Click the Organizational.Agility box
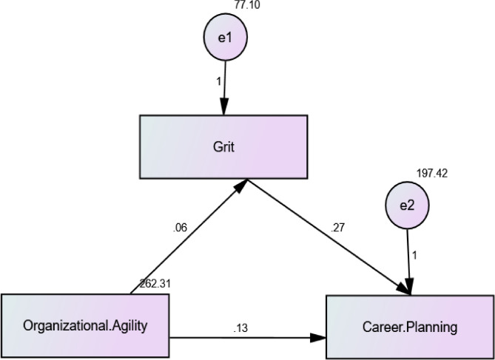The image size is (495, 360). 85,325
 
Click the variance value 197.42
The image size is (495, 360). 431,174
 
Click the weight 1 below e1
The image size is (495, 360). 218,80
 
